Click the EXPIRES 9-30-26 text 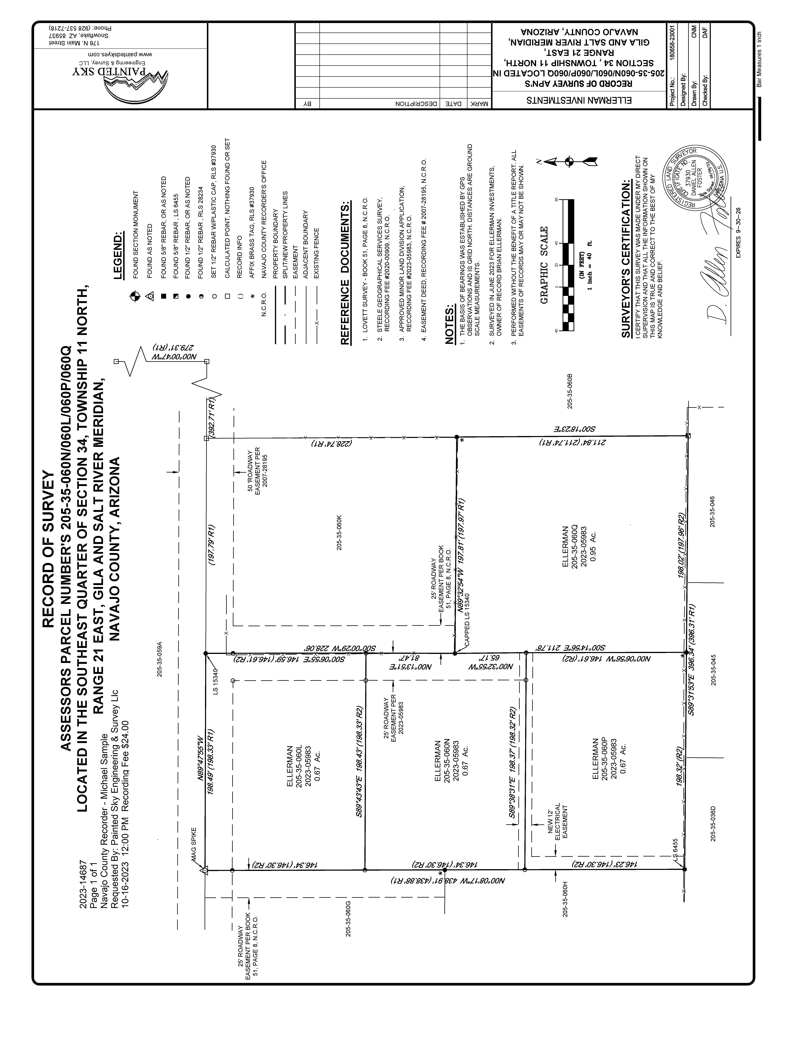[x=738, y=233]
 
